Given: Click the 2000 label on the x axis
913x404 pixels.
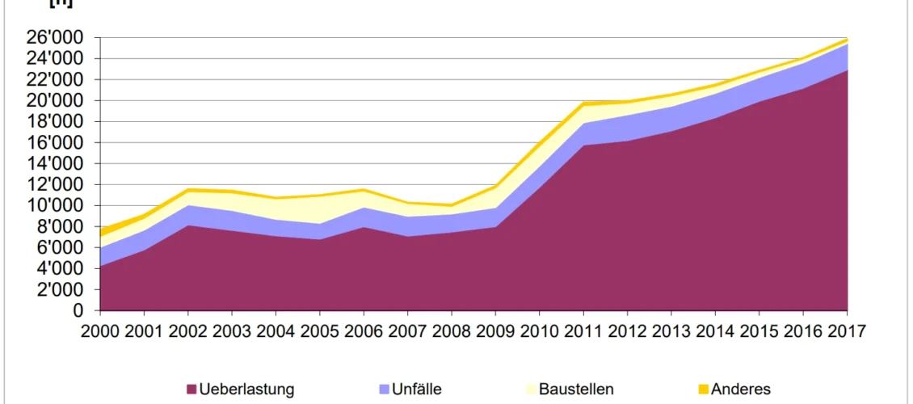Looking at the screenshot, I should coord(100,332).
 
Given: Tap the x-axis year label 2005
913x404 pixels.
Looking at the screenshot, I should coord(320,332).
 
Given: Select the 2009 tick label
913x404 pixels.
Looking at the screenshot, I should coord(495,332).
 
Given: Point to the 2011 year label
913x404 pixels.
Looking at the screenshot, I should coord(583,332).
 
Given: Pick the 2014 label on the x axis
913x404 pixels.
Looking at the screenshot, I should coord(715,332).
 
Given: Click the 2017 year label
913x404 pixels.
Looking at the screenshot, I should coord(847,332).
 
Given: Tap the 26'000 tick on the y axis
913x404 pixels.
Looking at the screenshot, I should coord(58,37).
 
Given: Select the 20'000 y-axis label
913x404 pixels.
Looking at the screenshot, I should coord(58,100).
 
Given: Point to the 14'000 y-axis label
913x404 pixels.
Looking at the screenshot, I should coord(58,163).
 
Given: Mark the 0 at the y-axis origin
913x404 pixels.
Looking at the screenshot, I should coord(78,310).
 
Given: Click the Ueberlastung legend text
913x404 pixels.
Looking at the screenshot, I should coord(246,389).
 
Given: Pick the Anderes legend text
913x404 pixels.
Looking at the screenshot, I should coord(740,389).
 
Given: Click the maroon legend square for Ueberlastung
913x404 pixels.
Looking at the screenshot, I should coord(191,389).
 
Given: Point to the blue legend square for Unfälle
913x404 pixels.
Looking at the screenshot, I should coord(384,389).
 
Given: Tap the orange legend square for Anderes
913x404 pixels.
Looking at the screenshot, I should coord(704,389).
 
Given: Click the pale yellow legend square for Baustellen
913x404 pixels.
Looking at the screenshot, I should coord(530,389).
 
